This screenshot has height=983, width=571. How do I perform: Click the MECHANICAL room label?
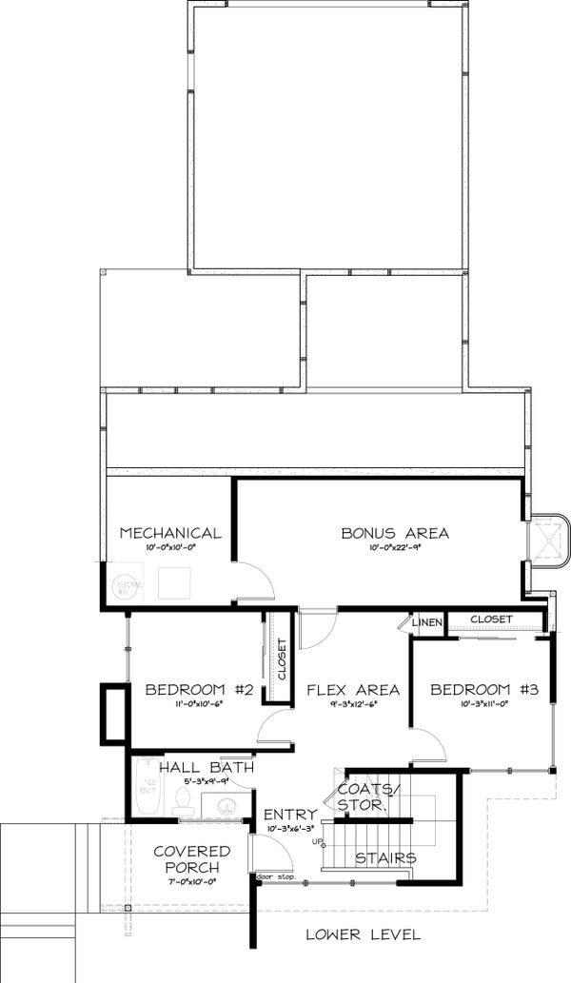(170, 533)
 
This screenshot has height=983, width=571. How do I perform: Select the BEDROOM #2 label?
(198, 690)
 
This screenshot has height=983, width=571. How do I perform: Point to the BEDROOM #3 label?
(483, 690)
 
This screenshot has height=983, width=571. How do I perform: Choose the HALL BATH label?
(206, 767)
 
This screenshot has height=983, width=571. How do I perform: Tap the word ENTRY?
(290, 815)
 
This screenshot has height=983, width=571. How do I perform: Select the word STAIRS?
(385, 857)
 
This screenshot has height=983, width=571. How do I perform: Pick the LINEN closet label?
(427, 622)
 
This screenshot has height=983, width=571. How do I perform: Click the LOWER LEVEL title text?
(363, 934)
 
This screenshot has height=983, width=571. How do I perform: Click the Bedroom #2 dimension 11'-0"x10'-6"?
(198, 705)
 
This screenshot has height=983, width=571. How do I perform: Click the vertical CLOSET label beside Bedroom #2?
(282, 658)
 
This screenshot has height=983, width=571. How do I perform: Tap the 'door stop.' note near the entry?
(276, 875)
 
